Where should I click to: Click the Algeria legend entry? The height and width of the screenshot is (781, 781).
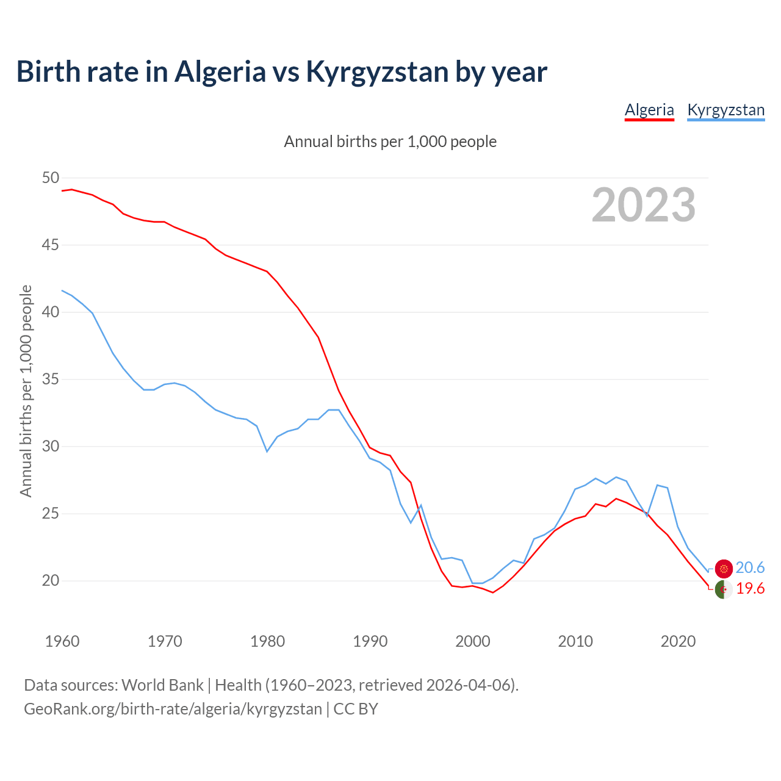[x=649, y=110]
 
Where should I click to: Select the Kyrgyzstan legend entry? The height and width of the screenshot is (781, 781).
[x=725, y=110]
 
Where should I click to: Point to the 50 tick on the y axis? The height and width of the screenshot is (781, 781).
[x=51, y=178]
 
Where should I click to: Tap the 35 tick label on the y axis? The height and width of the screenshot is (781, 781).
[x=51, y=380]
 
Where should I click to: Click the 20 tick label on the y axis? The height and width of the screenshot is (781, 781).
[x=51, y=581]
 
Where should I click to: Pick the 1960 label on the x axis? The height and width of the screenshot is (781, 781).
[x=62, y=641]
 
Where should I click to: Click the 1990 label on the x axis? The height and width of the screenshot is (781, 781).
[x=370, y=641]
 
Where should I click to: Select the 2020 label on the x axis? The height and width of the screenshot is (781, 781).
[x=678, y=641]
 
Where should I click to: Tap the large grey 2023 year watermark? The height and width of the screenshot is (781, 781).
[x=644, y=205]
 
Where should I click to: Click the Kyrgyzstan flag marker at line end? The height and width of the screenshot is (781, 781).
[x=724, y=569]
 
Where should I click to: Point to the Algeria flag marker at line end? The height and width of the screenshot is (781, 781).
[x=724, y=590]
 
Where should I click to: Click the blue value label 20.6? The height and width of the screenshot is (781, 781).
[x=750, y=568]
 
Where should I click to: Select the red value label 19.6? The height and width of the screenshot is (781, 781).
[x=750, y=589]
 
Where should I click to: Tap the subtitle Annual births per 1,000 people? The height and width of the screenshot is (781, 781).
[x=390, y=142]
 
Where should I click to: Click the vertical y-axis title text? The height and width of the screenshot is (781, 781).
[x=26, y=390]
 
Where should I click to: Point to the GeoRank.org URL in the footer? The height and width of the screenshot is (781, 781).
[x=173, y=709]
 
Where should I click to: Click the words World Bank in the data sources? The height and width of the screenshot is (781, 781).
[x=162, y=685]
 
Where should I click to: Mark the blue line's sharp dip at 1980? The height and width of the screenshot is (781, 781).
[x=267, y=451]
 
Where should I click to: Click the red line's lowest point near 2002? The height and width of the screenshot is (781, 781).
[x=493, y=592]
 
